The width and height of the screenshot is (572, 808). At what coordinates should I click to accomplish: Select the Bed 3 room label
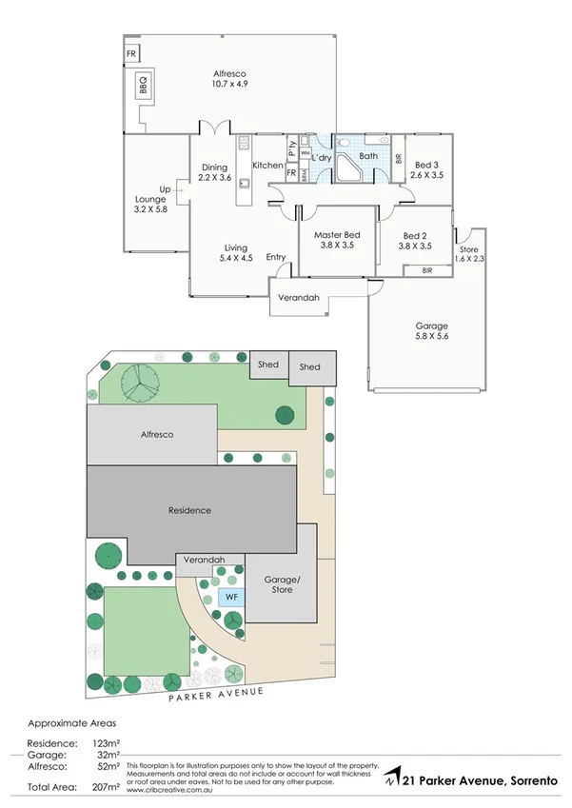[426, 169]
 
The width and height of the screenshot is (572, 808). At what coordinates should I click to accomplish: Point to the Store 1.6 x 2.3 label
[468, 253]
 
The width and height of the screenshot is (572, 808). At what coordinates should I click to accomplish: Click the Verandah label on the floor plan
[298, 298]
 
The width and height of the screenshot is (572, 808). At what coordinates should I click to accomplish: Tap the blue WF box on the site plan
[228, 597]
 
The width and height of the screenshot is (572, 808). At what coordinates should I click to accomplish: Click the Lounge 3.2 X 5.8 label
[150, 204]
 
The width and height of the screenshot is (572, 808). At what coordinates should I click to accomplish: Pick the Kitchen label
[267, 166]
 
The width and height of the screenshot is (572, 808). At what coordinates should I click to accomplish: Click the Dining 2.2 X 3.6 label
[214, 172]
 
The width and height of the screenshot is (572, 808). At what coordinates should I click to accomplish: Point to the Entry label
[276, 256]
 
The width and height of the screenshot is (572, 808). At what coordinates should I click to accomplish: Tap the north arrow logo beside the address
[391, 779]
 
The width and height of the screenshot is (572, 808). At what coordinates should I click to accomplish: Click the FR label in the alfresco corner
[131, 53]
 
